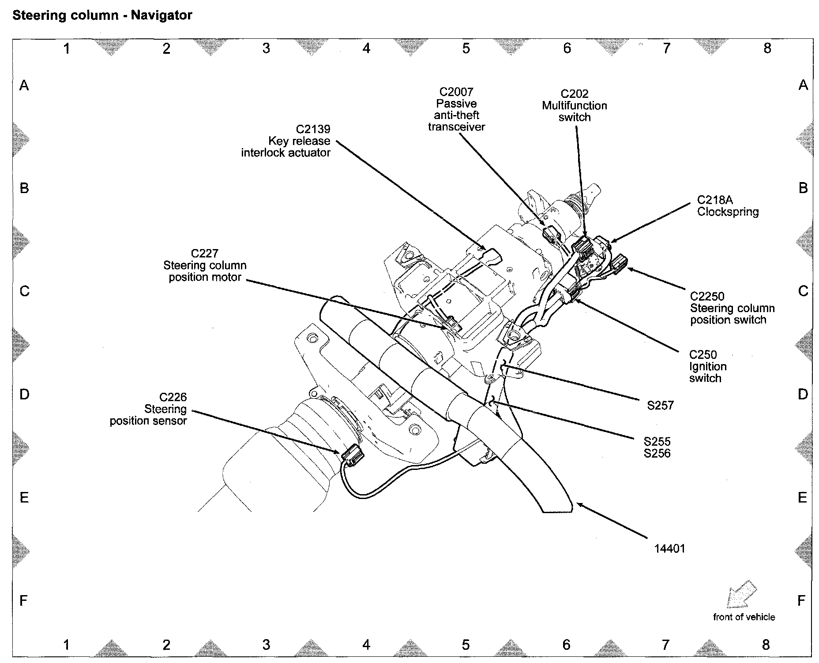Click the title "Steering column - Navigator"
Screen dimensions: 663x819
pyautogui.click(x=102, y=16)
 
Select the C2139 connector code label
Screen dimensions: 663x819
pyautogui.click(x=313, y=129)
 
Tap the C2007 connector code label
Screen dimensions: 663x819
pyautogui.click(x=456, y=92)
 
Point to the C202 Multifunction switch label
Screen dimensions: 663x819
pyautogui.click(x=575, y=106)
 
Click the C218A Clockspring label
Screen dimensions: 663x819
pyautogui.click(x=728, y=206)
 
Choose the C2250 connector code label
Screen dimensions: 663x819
pyautogui.click(x=707, y=296)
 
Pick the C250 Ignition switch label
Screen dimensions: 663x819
pyautogui.click(x=707, y=366)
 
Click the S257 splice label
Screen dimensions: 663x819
pyautogui.click(x=660, y=406)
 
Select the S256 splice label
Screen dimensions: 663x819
pyautogui.click(x=657, y=454)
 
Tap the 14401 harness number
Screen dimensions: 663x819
pyautogui.click(x=669, y=549)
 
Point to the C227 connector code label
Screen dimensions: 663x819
pyautogui.click(x=204, y=253)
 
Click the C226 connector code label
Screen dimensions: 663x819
pyautogui.click(x=173, y=398)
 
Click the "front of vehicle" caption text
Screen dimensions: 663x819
pyautogui.click(x=744, y=617)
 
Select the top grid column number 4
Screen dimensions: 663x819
pyautogui.click(x=366, y=48)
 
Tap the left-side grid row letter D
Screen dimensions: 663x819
pyautogui.click(x=24, y=394)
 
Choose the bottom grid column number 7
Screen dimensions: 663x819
pyautogui.click(x=665, y=645)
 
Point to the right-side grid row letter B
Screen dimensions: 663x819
pyautogui.click(x=803, y=188)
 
